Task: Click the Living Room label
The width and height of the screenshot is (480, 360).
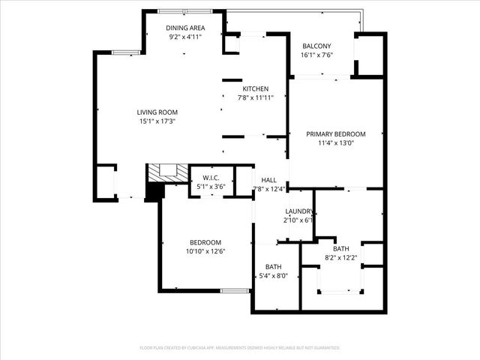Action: point(157,112)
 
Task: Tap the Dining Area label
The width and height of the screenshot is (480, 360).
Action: point(185,28)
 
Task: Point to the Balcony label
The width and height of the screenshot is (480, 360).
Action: point(316,46)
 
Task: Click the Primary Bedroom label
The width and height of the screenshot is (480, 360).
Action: point(336,134)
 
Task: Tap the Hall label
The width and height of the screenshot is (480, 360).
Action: point(269,180)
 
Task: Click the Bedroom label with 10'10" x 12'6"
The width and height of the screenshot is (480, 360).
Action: point(205,242)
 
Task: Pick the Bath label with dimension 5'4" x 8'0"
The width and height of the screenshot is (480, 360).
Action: point(274,267)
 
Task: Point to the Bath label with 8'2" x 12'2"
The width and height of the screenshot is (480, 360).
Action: point(341,249)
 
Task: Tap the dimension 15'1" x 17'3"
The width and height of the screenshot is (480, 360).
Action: point(157,121)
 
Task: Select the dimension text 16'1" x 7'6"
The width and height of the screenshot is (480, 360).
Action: point(316,55)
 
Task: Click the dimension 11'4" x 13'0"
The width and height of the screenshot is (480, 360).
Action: point(336,143)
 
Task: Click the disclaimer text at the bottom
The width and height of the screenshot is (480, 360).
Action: point(240,348)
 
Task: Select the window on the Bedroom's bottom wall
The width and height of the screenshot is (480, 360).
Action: point(235,290)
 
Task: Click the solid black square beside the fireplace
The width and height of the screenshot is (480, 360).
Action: point(154,192)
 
